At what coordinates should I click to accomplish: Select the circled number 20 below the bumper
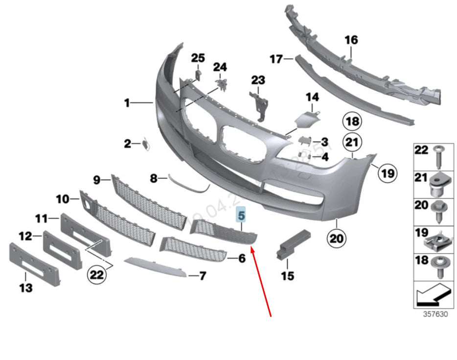click(337, 239)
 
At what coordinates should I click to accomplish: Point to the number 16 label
click(351, 39)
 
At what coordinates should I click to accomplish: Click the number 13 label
click(25, 288)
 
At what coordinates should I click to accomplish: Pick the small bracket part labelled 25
click(198, 74)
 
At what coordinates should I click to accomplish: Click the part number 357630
click(435, 314)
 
